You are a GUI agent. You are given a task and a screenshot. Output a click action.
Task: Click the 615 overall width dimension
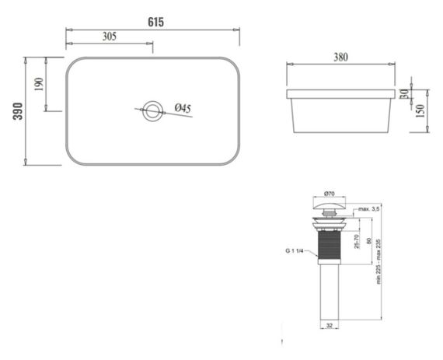[x=155, y=22]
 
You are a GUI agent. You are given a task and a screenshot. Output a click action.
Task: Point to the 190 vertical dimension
[x=40, y=83]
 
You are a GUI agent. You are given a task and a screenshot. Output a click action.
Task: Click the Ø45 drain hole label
[x=183, y=108]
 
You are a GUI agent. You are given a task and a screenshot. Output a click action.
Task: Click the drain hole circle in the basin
[x=152, y=110]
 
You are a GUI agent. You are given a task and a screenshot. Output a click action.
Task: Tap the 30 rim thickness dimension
[x=404, y=93]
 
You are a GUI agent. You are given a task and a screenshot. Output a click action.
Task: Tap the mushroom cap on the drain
[x=327, y=207]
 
